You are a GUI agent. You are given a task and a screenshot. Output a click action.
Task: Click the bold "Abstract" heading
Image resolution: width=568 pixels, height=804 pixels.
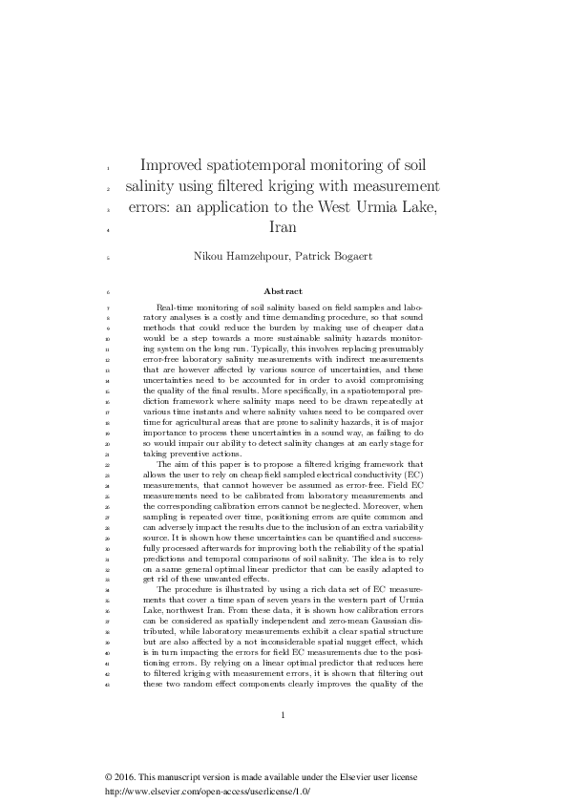(283, 291)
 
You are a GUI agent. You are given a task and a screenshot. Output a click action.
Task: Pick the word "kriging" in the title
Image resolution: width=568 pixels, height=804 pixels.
(261, 185)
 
